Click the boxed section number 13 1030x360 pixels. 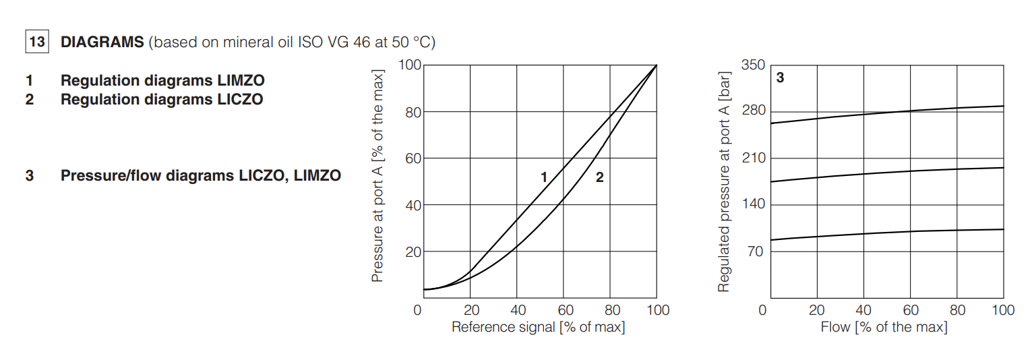pyautogui.click(x=36, y=42)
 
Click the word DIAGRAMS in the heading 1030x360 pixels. pyautogui.click(x=102, y=42)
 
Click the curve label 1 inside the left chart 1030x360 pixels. pyautogui.click(x=544, y=178)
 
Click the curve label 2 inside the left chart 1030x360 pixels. pyautogui.click(x=599, y=178)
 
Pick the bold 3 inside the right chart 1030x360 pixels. pyautogui.click(x=781, y=78)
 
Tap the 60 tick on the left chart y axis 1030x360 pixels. pyautogui.click(x=413, y=158)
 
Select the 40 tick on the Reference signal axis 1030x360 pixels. pyautogui.click(x=518, y=310)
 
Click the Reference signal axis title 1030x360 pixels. pyautogui.click(x=538, y=328)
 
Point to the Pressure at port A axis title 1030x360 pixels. pyautogui.click(x=378, y=175)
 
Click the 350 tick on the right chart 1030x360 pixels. pyautogui.click(x=753, y=65)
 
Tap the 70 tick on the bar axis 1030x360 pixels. pyautogui.click(x=756, y=251)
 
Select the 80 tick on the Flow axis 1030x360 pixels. pyautogui.click(x=957, y=310)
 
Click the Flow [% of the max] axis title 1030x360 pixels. pyautogui.click(x=884, y=328)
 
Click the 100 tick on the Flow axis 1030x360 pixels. pyautogui.click(x=1003, y=310)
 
